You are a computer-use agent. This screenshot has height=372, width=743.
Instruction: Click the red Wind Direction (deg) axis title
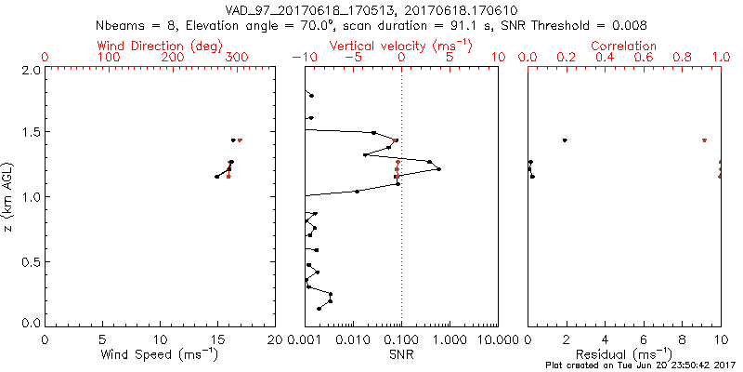(x=163, y=46)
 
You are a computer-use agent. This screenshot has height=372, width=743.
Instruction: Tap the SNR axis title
(x=402, y=353)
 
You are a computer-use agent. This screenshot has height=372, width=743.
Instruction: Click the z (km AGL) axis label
(x=9, y=196)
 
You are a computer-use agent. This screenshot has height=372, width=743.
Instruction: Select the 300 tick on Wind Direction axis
(x=237, y=58)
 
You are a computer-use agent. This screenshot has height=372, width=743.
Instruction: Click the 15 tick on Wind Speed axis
(x=217, y=339)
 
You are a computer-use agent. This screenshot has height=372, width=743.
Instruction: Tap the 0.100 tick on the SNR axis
(x=402, y=339)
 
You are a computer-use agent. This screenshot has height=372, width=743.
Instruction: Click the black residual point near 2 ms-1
(x=565, y=140)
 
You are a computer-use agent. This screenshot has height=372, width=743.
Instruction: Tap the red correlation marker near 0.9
(x=704, y=140)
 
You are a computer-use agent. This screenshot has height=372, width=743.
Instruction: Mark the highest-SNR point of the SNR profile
(x=438, y=168)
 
